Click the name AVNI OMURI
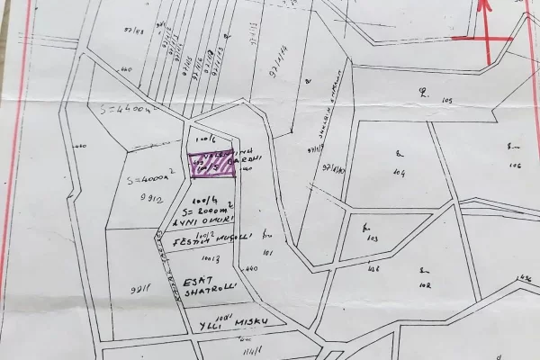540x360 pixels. pyautogui.click(x=208, y=221)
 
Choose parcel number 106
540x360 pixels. pyautogui.click(x=515, y=165)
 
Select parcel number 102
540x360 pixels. pyautogui.click(x=425, y=284)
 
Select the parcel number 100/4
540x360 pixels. pyautogui.click(x=200, y=199)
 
